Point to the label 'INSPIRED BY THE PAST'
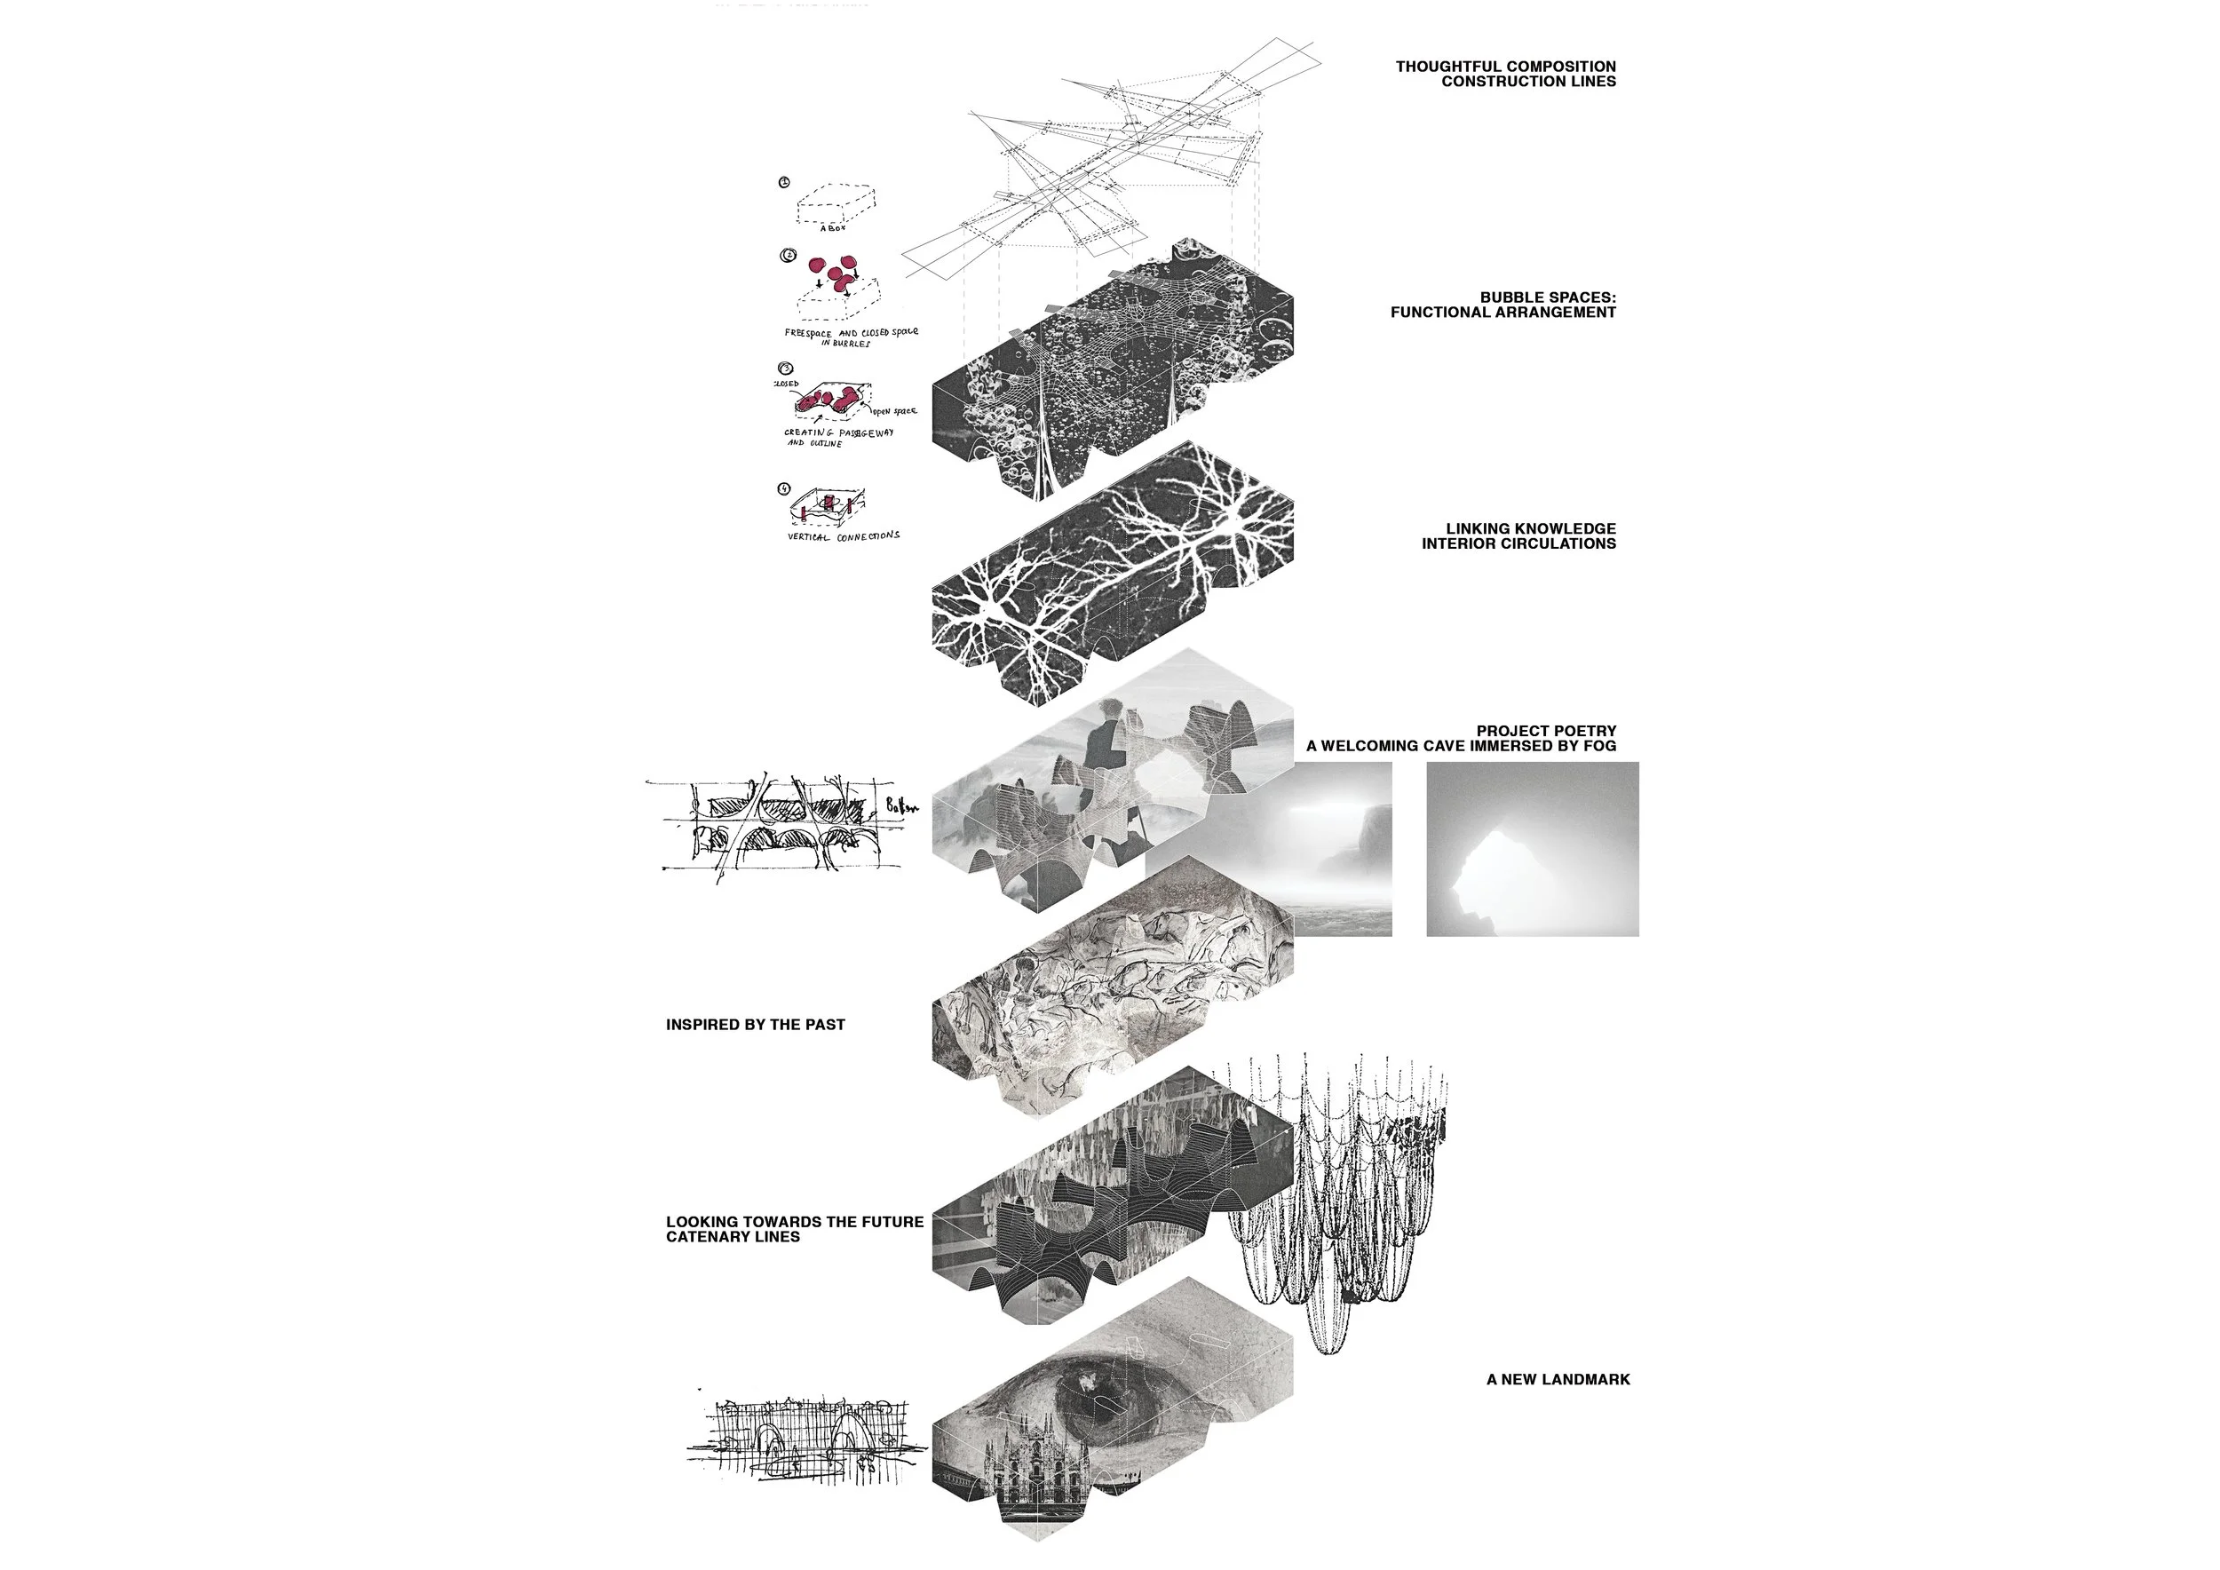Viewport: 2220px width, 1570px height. click(x=755, y=1025)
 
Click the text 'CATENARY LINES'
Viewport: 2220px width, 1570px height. click(x=732, y=1236)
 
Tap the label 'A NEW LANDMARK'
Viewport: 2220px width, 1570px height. click(x=1558, y=1380)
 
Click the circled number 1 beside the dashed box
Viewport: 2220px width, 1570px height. click(x=784, y=182)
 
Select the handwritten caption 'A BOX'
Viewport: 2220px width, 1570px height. click(x=833, y=229)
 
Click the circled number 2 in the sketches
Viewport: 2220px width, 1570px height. click(x=788, y=256)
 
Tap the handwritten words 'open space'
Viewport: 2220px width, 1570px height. click(x=896, y=412)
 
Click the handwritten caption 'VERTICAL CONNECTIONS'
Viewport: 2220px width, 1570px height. click(x=843, y=536)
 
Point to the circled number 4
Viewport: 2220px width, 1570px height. click(x=784, y=489)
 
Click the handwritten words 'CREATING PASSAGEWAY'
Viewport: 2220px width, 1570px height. click(x=838, y=433)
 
